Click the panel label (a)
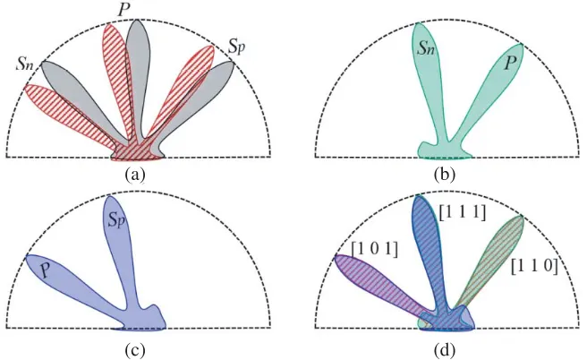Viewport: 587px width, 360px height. (135, 175)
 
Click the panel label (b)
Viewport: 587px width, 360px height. (445, 175)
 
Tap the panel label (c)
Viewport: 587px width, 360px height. (135, 350)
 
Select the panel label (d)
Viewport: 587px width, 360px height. (445, 350)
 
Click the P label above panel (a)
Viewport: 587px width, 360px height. (123, 10)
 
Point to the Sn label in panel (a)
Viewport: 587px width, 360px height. (25, 64)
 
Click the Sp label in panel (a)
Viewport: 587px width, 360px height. (237, 47)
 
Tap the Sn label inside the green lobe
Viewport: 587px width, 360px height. (426, 48)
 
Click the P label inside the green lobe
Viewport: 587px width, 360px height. (509, 63)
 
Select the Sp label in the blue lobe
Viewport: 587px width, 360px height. (116, 220)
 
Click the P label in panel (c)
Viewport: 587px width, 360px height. (47, 270)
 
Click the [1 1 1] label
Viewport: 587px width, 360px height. (463, 213)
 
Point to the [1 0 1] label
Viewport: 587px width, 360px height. (375, 249)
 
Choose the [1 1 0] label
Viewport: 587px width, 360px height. (534, 267)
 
